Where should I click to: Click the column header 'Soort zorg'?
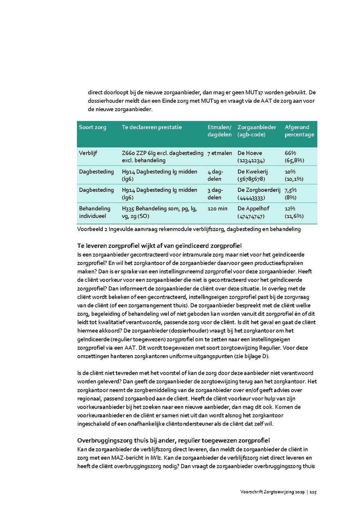(92, 127)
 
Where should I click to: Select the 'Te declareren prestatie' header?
(152, 127)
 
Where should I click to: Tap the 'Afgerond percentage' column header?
(299, 131)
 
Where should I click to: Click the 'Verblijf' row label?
(88, 153)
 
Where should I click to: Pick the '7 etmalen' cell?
(220, 153)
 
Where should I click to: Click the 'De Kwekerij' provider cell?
(252, 175)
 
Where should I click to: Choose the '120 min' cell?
(217, 208)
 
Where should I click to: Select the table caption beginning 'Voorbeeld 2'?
(188, 229)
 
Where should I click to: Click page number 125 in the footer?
(313, 492)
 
